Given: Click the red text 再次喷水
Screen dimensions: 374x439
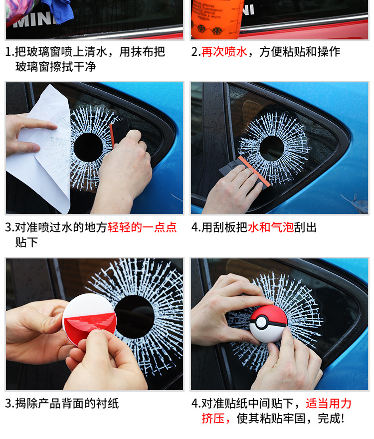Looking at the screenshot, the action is (224, 52).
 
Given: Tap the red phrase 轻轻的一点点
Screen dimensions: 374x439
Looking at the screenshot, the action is (142, 227).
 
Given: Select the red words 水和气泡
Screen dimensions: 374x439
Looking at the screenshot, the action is (271, 227).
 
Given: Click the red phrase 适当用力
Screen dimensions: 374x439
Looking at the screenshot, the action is (328, 404).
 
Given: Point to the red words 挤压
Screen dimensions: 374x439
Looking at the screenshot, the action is (213, 419).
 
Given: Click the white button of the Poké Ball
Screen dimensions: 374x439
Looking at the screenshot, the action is (261, 322).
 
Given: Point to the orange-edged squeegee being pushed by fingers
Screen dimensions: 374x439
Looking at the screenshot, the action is (245, 173).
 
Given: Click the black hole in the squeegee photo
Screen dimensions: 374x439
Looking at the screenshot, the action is (271, 148).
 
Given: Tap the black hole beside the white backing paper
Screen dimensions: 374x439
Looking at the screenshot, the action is (88, 147).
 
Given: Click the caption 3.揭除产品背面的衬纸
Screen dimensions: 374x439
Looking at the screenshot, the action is (62, 404).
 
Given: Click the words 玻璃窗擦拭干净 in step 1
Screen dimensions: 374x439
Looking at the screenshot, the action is (56, 67).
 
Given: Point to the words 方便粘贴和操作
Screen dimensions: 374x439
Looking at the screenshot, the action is (300, 52).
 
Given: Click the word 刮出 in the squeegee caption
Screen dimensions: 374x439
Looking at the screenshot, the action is (305, 227).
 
